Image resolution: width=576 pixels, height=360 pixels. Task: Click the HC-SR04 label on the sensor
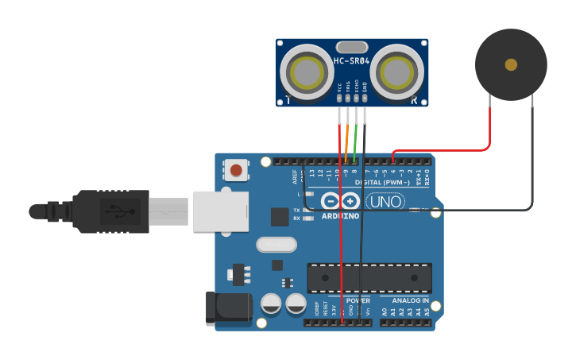[351, 61]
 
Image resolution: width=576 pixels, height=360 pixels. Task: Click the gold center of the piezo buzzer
[511, 64]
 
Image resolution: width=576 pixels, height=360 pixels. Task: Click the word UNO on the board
[387, 202]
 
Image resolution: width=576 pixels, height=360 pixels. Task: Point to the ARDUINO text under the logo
[340, 215]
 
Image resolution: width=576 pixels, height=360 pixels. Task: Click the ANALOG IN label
[409, 300]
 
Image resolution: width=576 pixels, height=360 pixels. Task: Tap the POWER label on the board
[358, 300]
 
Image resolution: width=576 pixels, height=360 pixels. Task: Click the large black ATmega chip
[369, 277]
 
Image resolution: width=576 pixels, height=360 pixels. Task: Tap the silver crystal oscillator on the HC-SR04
[352, 47]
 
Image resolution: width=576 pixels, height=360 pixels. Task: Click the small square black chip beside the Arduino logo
[280, 216]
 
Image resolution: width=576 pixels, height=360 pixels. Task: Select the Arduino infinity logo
[341, 201]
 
